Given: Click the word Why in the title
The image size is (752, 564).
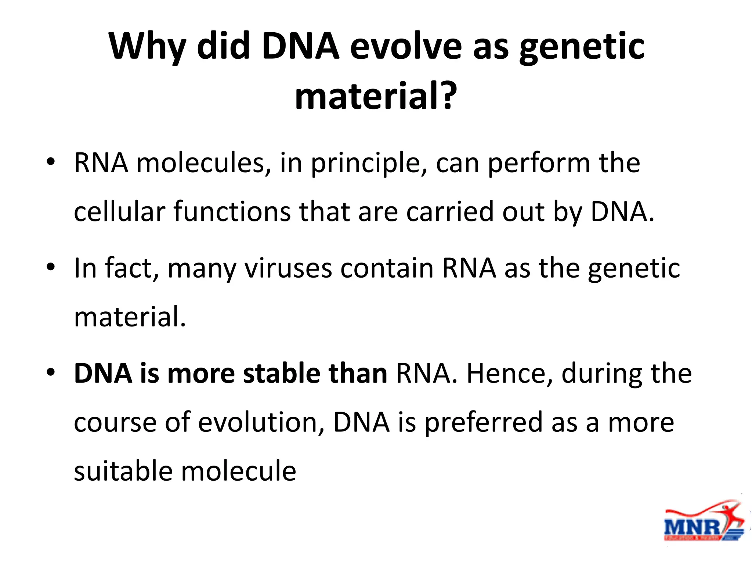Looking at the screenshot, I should pyautogui.click(x=147, y=47).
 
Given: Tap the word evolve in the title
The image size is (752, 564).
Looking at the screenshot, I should pyautogui.click(x=406, y=46).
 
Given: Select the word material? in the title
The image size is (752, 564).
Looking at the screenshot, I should pyautogui.click(x=376, y=96).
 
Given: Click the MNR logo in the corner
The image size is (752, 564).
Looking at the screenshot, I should pyautogui.click(x=703, y=521).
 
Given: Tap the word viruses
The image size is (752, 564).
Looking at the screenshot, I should pyautogui.click(x=288, y=268).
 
